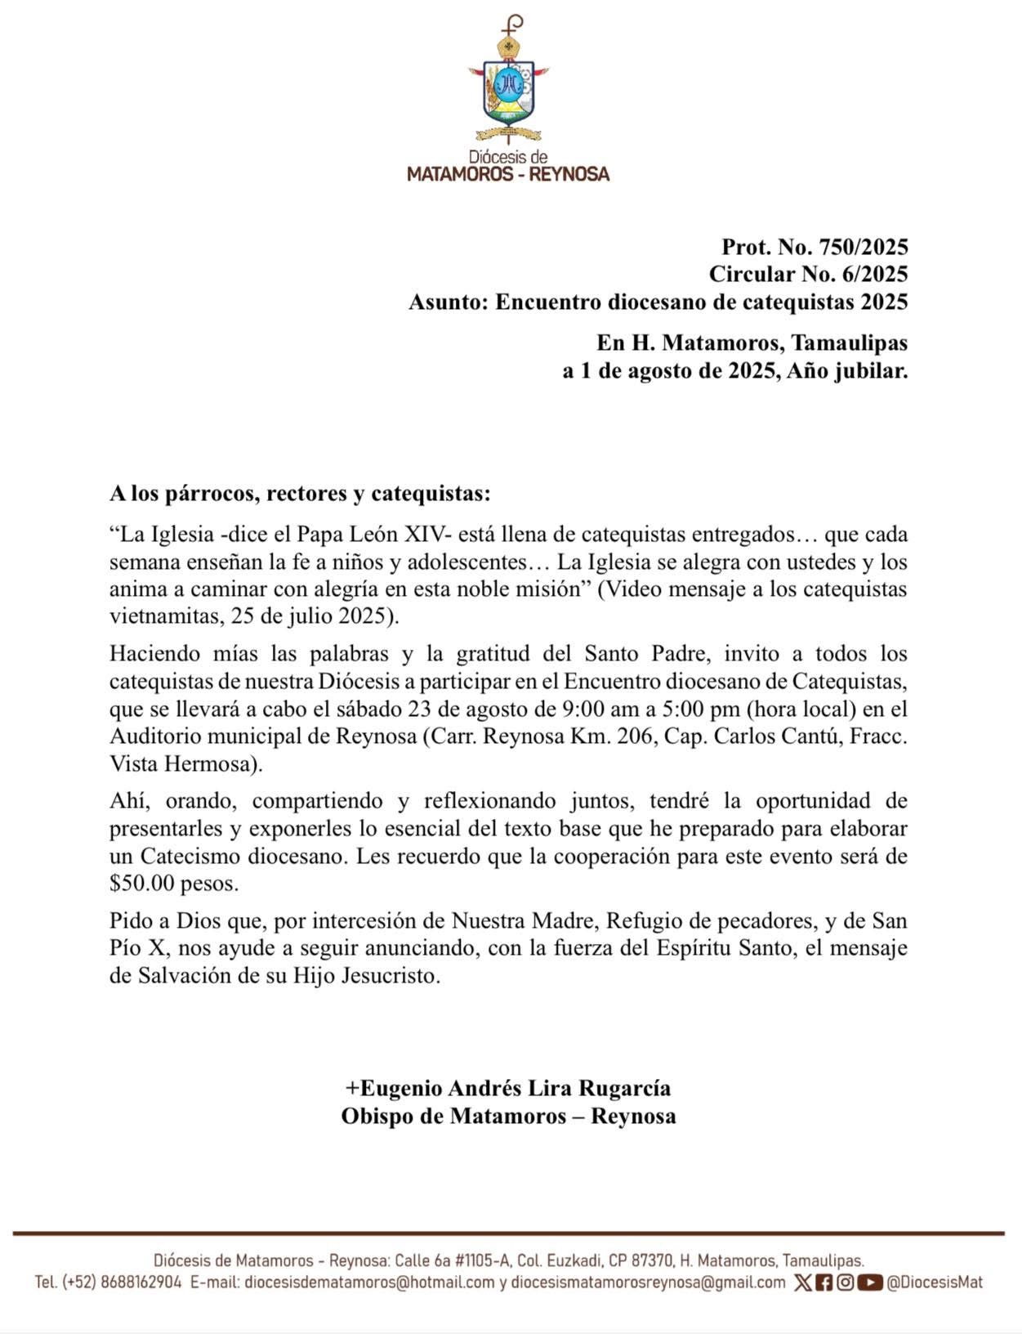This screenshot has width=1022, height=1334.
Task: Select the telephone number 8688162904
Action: [141, 1283]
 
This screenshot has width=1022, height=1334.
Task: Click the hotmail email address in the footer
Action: [369, 1283]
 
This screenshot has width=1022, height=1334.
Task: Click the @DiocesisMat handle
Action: [935, 1283]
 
